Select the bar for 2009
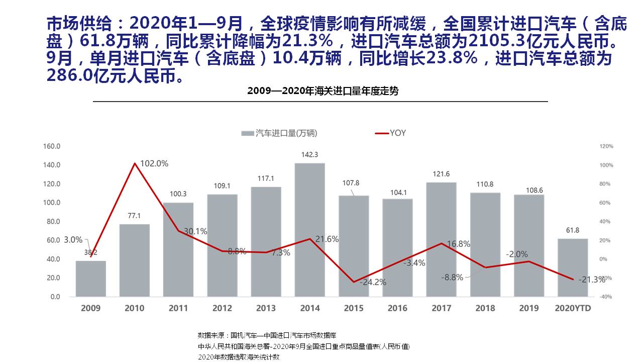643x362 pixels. click(x=91, y=279)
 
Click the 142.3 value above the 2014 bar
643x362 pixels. click(x=309, y=155)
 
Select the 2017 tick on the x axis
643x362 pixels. click(x=441, y=308)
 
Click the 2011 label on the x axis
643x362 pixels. click(x=178, y=308)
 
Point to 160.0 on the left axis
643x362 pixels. click(x=52, y=146)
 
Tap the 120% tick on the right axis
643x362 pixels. click(x=606, y=146)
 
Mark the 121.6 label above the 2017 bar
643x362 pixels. click(x=441, y=174)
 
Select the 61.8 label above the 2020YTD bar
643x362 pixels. click(x=573, y=230)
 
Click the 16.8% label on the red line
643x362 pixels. click(x=458, y=244)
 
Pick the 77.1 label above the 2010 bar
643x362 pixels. click(x=135, y=216)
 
